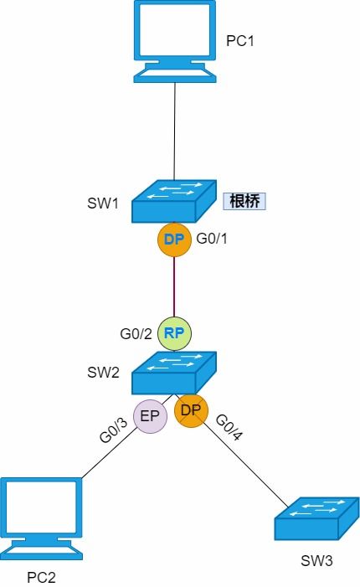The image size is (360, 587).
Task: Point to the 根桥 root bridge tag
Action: [x=244, y=201]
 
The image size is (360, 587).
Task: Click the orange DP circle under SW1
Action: [x=174, y=239]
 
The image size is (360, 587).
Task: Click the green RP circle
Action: [x=174, y=332]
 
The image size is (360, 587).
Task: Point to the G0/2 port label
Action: [x=137, y=332]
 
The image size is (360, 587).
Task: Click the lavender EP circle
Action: [x=151, y=416]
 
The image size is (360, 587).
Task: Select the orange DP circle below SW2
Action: [x=191, y=411]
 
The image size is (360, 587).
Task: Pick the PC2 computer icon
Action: [x=42, y=517]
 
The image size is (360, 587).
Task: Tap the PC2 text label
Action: [x=42, y=577]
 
